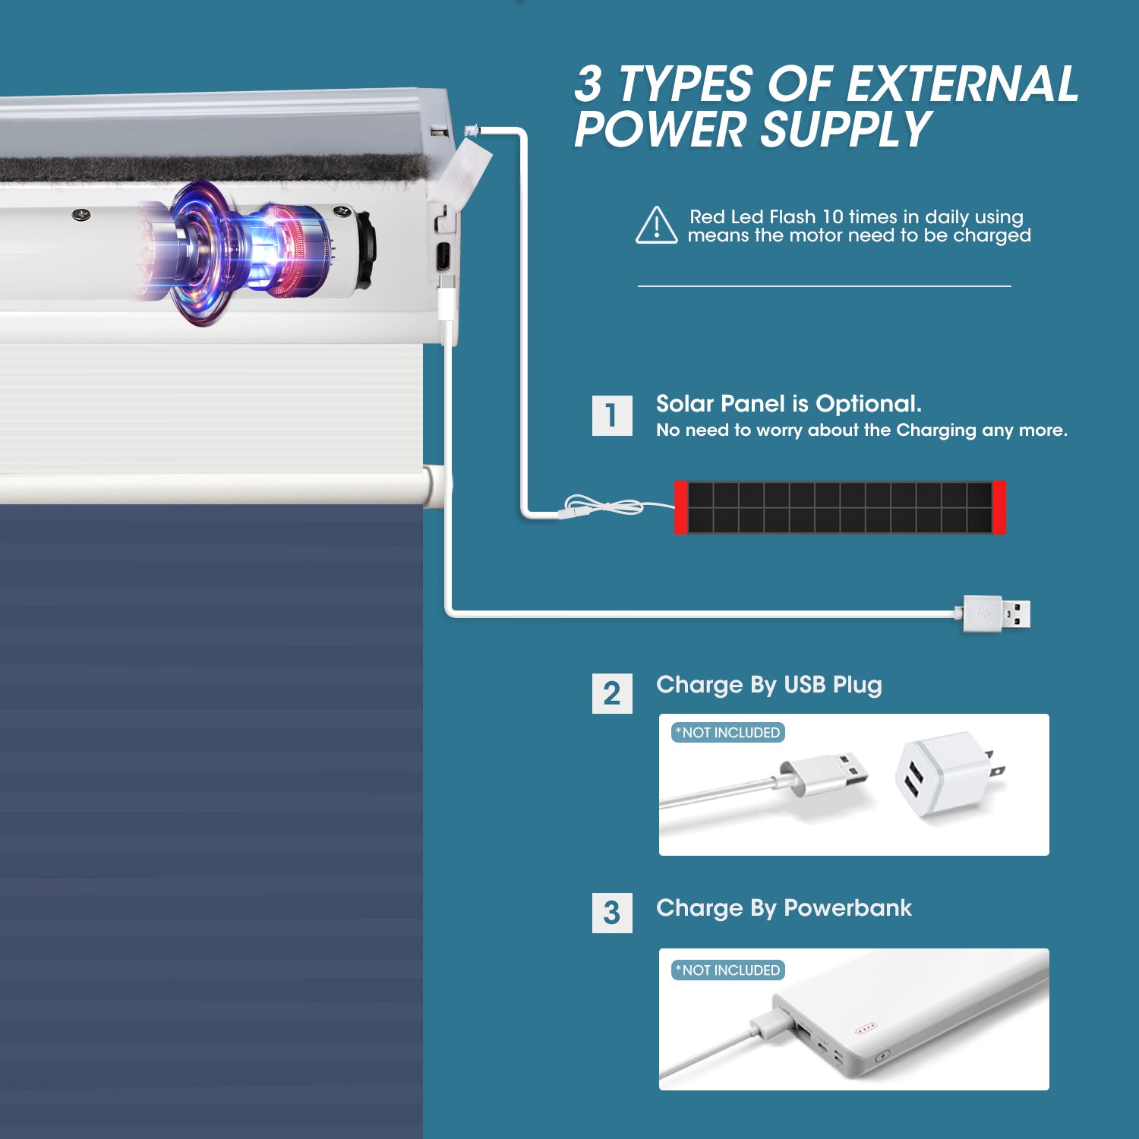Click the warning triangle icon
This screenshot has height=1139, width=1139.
point(657,226)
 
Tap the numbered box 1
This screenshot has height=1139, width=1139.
point(612,415)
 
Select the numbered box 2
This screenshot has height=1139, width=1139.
point(612,693)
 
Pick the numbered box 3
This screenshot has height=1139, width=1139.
point(612,913)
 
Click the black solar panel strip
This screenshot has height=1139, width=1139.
point(840,507)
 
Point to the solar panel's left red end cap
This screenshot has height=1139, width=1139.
point(681,507)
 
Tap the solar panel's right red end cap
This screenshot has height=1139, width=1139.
point(999,507)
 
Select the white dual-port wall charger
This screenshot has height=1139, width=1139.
point(950,775)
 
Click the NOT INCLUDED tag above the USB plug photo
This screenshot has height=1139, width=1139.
point(728,733)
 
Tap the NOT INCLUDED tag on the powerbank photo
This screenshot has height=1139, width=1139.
point(728,970)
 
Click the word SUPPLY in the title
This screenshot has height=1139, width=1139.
point(845,129)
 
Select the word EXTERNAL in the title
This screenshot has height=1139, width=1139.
point(962,84)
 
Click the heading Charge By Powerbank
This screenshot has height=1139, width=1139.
point(784,908)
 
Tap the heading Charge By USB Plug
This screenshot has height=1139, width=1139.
point(768,685)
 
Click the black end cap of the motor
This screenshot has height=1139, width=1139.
point(365,248)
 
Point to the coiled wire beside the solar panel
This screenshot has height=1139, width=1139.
point(604,506)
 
